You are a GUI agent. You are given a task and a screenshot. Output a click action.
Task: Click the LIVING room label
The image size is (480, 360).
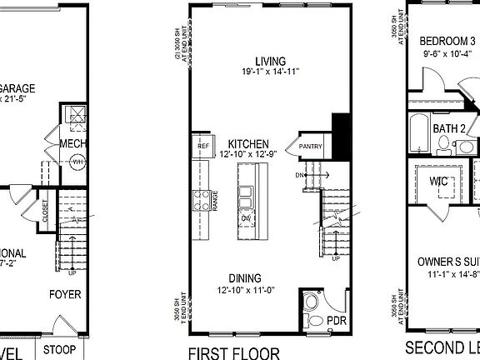(271, 60)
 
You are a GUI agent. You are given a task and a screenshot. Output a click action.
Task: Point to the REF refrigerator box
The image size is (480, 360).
(202, 146)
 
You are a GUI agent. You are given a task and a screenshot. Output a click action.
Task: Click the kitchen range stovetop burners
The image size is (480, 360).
(202, 199)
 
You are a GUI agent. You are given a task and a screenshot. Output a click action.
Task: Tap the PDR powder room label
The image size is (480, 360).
(337, 320)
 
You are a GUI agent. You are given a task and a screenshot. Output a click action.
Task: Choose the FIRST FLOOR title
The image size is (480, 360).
(233, 352)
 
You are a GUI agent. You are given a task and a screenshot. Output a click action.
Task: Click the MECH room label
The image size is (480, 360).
(73, 144)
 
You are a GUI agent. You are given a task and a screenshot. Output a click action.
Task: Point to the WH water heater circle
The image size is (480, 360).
(77, 162)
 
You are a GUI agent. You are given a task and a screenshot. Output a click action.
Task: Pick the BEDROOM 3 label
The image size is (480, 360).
(447, 40)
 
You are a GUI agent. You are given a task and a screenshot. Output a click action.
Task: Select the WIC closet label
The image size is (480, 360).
(439, 181)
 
